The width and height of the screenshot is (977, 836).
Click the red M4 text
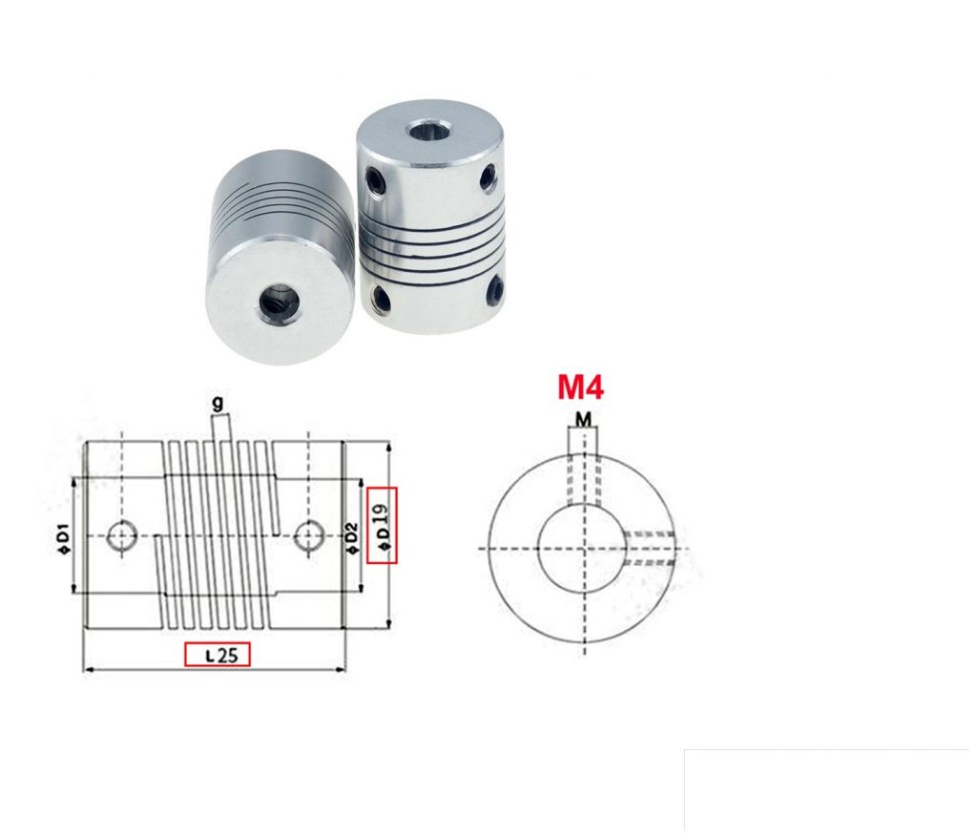[x=580, y=387]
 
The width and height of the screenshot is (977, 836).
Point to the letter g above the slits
[x=218, y=404]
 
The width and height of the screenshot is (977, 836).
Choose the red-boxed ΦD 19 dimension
[x=382, y=524]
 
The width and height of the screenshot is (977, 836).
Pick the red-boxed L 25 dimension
[x=217, y=654]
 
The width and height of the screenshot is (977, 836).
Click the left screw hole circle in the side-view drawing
[x=121, y=537]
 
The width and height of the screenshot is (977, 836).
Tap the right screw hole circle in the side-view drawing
[x=306, y=537]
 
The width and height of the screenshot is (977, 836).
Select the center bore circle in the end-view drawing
[x=579, y=548]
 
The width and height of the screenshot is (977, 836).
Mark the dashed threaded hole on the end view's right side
[x=649, y=549]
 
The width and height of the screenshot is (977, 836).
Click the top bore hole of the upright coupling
[x=420, y=129]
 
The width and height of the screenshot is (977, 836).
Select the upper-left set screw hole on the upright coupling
[x=373, y=178]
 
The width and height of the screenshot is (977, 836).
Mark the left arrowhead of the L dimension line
[x=89, y=670]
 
